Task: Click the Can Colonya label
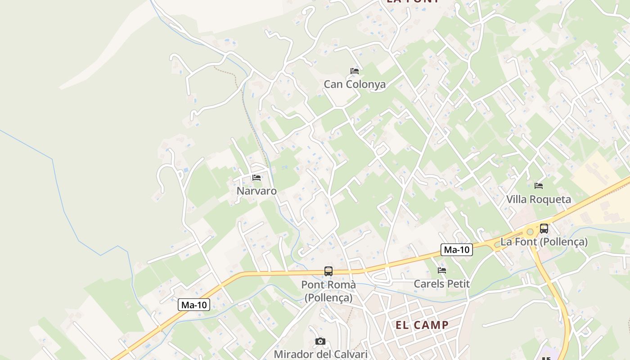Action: pos(355,84)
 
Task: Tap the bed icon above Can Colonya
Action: pos(355,71)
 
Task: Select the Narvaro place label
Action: pos(256,191)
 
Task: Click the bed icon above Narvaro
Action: pos(256,178)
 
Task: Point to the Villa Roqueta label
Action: pos(538,199)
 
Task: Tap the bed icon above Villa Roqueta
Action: pos(538,185)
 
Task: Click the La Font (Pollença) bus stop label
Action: pos(544,242)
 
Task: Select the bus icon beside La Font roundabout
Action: pos(544,228)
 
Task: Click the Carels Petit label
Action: pos(441,284)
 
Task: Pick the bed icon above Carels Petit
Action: pos(442,270)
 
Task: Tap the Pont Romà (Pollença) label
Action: pos(328,291)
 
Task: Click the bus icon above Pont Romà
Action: pos(328,271)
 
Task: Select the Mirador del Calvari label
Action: pos(320,354)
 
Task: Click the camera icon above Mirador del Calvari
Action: pos(320,342)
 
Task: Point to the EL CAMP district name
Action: pos(422,325)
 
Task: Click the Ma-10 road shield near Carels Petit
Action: pos(456,250)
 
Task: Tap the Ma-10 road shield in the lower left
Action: pos(194,305)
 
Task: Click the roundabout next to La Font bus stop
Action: pos(530,232)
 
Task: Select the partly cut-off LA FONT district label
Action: pos(413,1)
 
